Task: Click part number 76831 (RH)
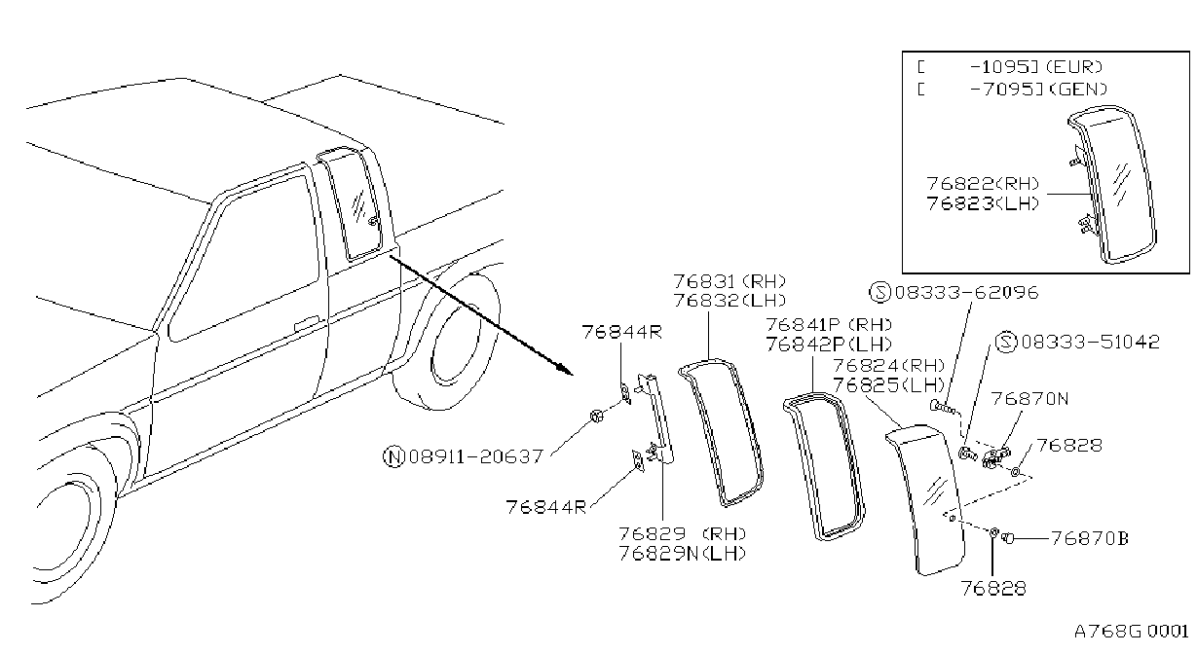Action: point(729,281)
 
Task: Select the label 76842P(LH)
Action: point(829,345)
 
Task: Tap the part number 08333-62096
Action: point(967,293)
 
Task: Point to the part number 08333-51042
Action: point(1091,342)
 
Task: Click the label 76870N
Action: point(1029,399)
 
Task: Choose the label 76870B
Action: point(1090,538)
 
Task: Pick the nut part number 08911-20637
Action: point(476,456)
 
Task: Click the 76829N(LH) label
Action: point(683,554)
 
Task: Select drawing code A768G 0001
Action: point(1131,632)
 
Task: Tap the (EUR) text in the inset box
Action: point(1073,67)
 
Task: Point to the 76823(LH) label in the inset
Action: point(984,203)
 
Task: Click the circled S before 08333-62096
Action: point(879,293)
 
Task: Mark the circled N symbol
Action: point(393,457)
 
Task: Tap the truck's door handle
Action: point(307,323)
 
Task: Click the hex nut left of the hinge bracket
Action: point(596,416)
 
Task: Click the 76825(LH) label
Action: point(888,385)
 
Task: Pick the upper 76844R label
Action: point(622,332)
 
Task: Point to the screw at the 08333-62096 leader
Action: point(943,408)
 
